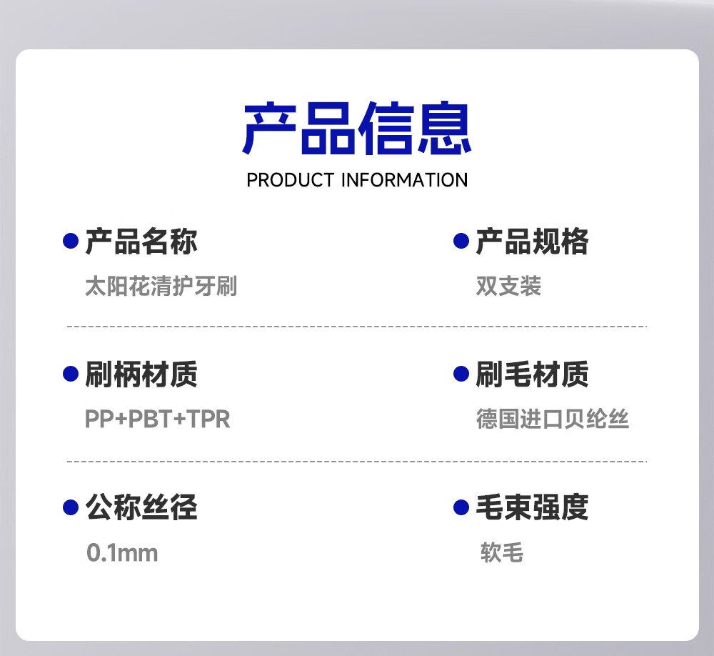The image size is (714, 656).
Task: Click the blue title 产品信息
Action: [x=357, y=128]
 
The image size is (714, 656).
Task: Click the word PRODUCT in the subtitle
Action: [x=291, y=180]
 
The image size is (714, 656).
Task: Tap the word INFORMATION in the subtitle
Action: [x=404, y=180]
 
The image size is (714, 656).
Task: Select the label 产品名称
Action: [x=141, y=241]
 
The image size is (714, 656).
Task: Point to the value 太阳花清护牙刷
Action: [x=161, y=286]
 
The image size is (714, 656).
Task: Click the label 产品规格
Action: [x=532, y=241]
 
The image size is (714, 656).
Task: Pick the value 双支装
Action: [x=508, y=286]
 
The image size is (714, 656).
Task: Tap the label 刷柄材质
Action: [x=141, y=374]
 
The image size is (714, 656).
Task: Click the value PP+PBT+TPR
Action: [x=158, y=419]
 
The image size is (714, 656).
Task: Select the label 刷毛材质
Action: [x=532, y=374]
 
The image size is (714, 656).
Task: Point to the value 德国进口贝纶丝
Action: [x=553, y=419]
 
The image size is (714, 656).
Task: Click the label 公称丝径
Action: [x=141, y=507]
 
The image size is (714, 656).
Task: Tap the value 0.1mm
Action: [x=122, y=553]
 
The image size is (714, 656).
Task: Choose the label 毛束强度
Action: [x=532, y=507]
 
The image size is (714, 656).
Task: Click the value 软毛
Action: [x=502, y=552]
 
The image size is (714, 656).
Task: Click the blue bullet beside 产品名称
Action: [x=71, y=241]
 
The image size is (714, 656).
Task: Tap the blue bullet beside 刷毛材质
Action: [x=461, y=374]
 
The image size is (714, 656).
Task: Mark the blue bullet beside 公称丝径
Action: [x=71, y=507]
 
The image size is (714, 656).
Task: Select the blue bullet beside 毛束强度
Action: [x=461, y=507]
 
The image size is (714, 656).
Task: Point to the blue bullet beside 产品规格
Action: [x=461, y=241]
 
